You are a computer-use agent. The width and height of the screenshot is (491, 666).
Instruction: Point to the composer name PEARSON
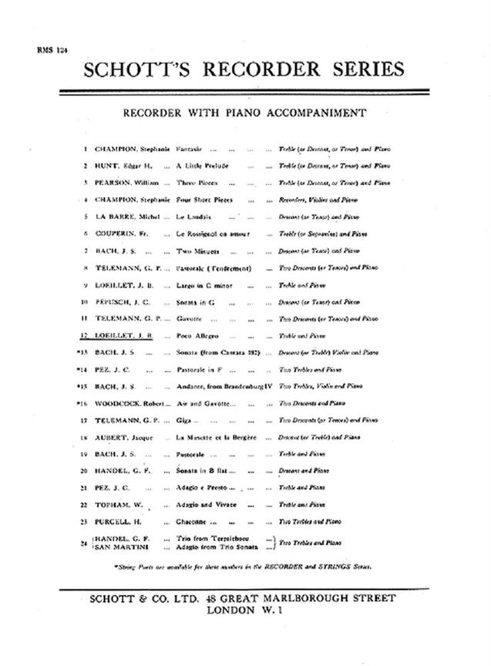point(111,183)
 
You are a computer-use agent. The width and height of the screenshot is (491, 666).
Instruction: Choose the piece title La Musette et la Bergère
point(220,437)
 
